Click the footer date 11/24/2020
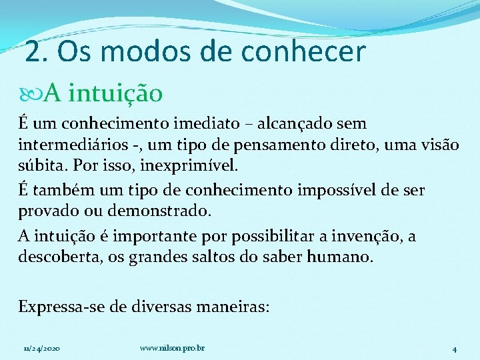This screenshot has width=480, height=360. [41, 348]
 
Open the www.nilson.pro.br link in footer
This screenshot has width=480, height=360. [173, 348]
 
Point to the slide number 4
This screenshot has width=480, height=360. [454, 349]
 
